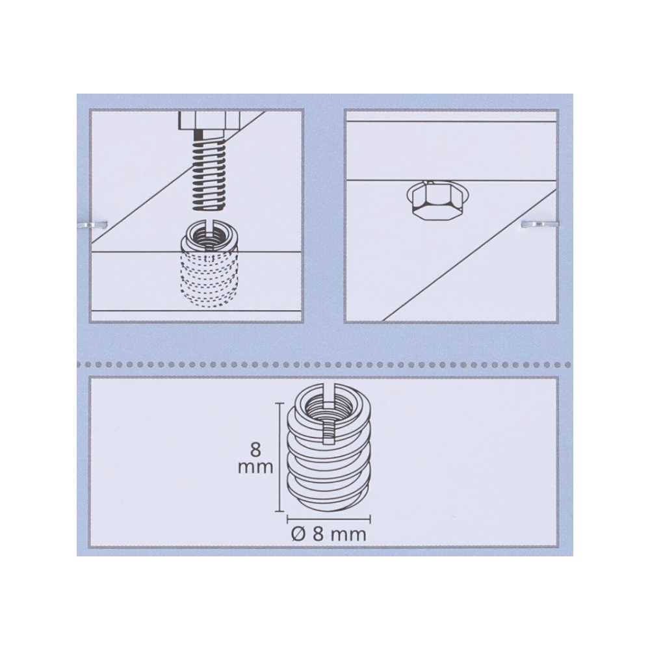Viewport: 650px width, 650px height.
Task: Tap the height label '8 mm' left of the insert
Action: point(255,458)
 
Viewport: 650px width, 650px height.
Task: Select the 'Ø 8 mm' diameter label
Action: point(329,534)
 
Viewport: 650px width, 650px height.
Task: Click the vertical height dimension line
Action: point(281,457)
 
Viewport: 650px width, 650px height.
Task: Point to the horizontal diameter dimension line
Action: point(329,518)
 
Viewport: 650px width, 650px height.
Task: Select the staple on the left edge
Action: point(93,225)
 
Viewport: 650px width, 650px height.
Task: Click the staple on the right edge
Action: point(539,224)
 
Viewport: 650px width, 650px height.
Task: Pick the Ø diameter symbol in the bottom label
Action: point(298,534)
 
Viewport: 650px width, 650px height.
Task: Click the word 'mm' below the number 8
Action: point(255,467)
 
